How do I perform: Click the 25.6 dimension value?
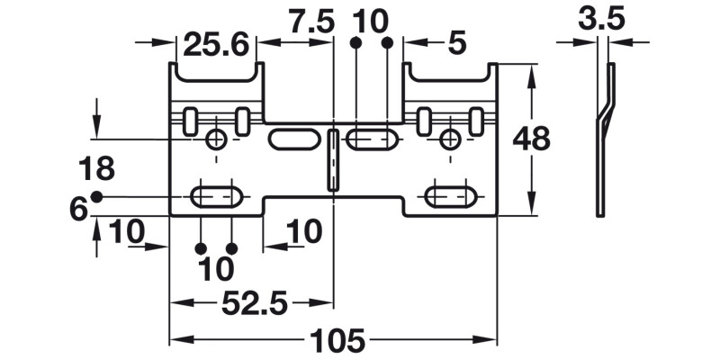216,43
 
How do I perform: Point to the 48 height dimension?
531,139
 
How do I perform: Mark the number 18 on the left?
96,169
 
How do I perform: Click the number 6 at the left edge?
79,209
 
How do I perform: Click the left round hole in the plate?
216,139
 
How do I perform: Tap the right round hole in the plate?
450,139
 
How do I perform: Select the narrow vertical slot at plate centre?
333,160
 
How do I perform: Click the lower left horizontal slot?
216,196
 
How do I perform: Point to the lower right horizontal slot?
451,196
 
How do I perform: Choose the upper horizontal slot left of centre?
292,139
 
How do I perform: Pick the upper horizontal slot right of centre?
373,139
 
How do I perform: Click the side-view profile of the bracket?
604,139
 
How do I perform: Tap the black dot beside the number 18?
97,196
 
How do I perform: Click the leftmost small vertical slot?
190,121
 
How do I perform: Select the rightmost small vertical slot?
476,121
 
